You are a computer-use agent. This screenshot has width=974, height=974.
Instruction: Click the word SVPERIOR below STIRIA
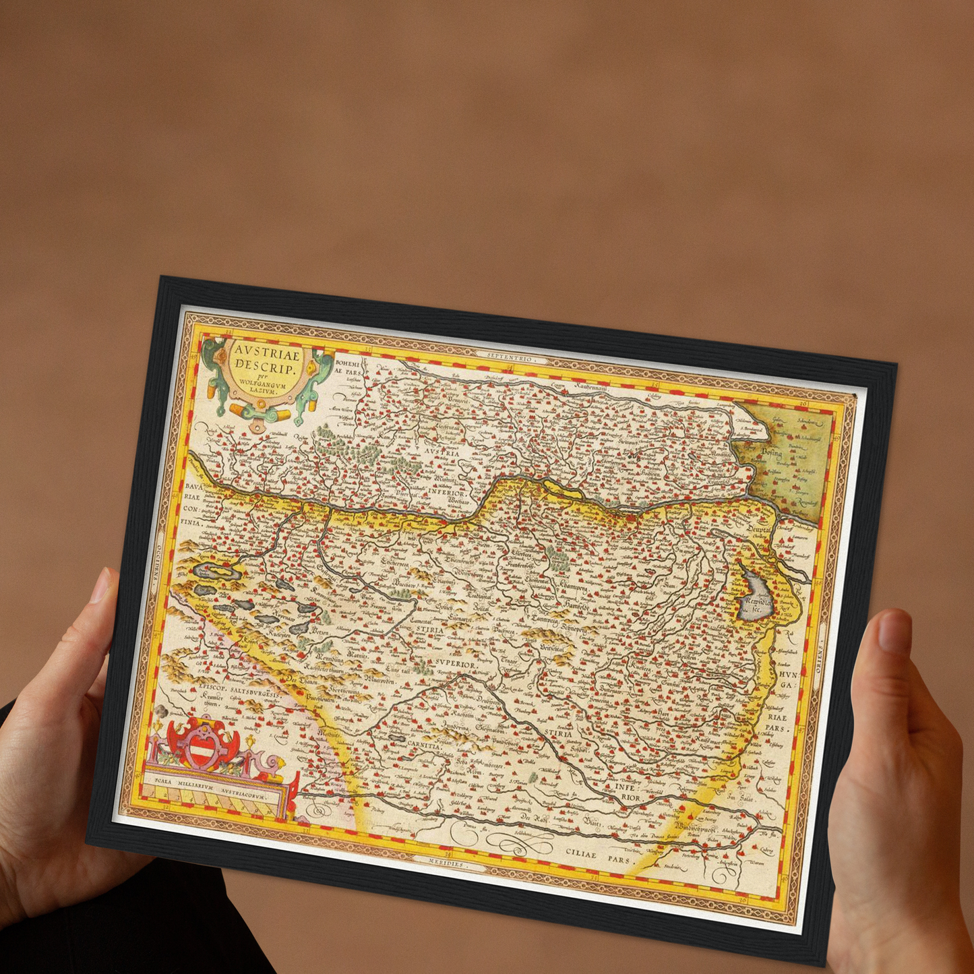click(455, 664)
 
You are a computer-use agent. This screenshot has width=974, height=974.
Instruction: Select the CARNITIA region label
click(425, 743)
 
